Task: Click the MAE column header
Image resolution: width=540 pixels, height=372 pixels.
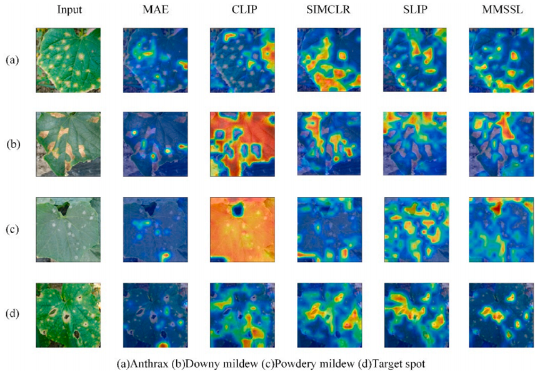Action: [x=154, y=9]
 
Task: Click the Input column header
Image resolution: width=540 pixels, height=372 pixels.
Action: [x=68, y=9]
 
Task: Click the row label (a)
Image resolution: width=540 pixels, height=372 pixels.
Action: [x=12, y=60]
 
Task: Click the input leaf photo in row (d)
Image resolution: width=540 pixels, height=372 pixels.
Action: [x=68, y=312]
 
